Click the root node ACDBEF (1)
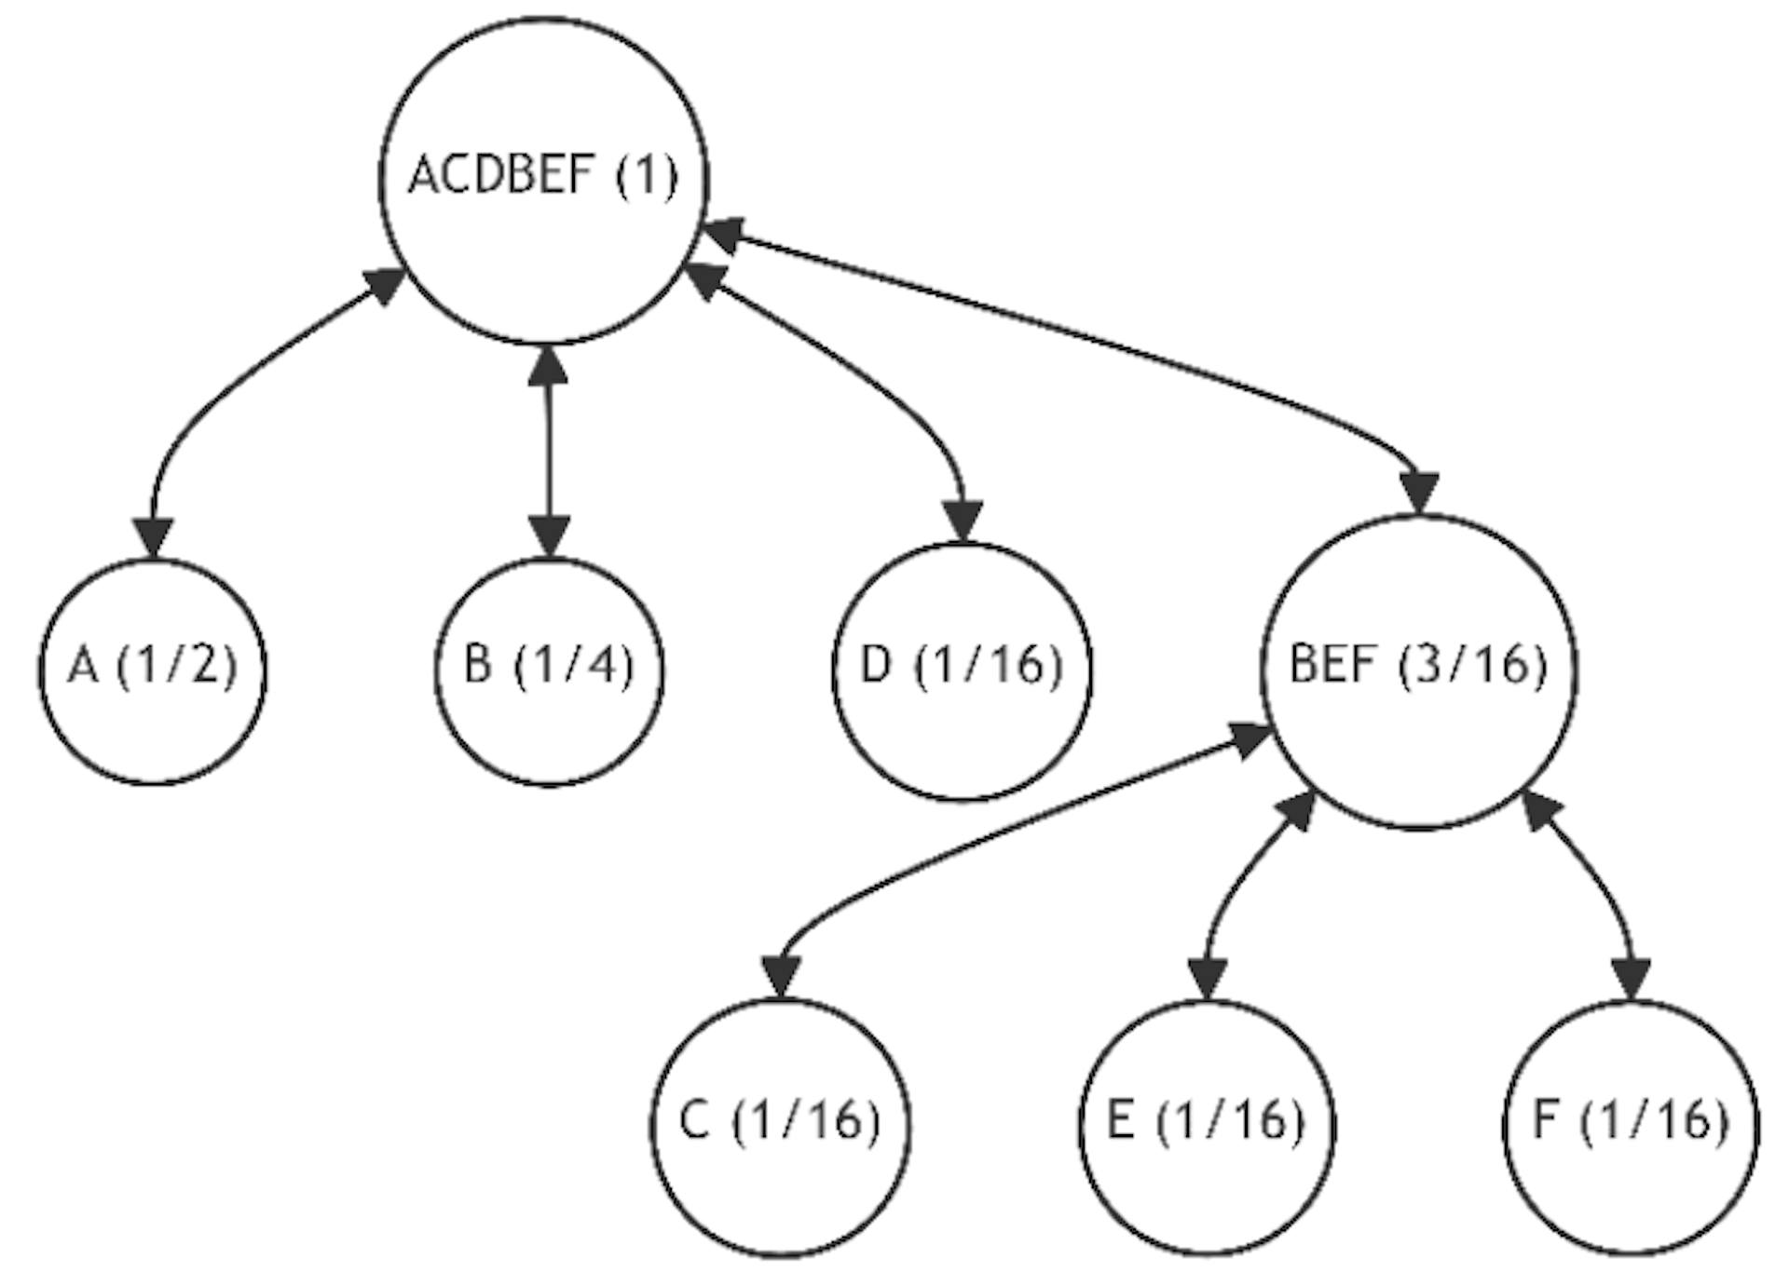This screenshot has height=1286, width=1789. (544, 180)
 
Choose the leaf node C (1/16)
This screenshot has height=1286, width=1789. (781, 1128)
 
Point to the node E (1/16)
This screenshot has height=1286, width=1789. (1207, 1128)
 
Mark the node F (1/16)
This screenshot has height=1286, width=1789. (1632, 1128)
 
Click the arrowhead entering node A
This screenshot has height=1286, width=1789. (153, 538)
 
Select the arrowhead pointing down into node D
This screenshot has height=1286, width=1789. (963, 521)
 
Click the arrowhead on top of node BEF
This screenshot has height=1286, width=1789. (1421, 492)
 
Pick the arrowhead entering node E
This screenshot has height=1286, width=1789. (1209, 979)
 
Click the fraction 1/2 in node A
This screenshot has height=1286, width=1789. (177, 667)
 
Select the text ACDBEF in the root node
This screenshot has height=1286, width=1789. (501, 175)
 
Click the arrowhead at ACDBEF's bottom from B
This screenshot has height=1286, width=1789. (547, 366)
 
